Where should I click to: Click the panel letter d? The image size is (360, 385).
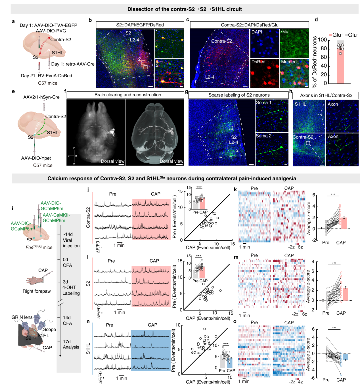[x=316, y=20]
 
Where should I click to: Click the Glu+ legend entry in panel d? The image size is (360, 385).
[x=336, y=35]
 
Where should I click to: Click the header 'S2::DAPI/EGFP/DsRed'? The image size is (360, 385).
[x=140, y=25]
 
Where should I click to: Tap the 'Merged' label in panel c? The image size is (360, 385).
[x=288, y=62]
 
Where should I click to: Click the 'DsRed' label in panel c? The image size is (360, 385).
[x=258, y=62]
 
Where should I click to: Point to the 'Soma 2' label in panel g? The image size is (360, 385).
[x=264, y=136]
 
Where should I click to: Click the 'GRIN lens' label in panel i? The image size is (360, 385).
[x=22, y=317]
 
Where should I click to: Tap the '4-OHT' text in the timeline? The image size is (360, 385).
[x=69, y=287]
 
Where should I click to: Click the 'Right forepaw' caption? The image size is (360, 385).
[x=37, y=291]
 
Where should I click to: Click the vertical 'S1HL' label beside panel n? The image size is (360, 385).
[x=88, y=348]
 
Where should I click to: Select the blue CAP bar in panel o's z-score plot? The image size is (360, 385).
[x=345, y=357]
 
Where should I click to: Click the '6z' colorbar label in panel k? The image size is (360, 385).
[x=300, y=247]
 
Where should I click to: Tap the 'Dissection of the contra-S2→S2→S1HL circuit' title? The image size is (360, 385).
[x=184, y=9]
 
